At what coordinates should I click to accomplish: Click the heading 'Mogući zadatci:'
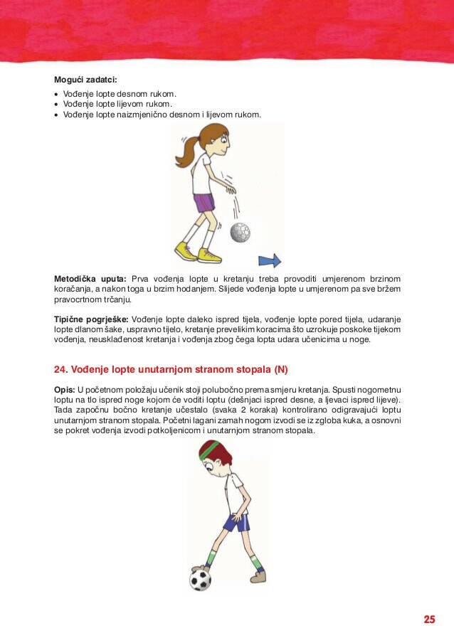click(x=85, y=79)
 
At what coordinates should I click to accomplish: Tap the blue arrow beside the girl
click(x=270, y=260)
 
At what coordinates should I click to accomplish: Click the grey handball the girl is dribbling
click(x=240, y=232)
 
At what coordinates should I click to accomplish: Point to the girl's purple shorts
click(x=204, y=203)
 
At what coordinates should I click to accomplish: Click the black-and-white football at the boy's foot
click(x=201, y=578)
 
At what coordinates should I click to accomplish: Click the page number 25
click(x=429, y=620)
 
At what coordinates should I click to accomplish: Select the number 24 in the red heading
click(x=60, y=369)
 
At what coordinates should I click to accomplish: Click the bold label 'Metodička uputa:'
click(x=90, y=278)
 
